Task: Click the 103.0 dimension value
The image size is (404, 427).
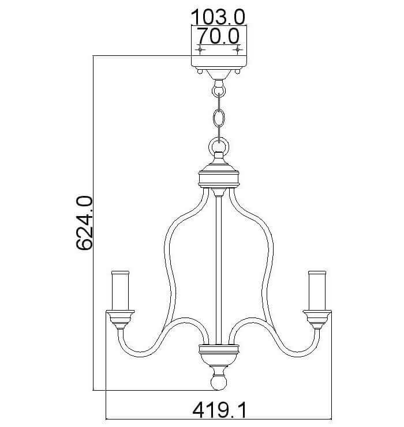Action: [x=218, y=17]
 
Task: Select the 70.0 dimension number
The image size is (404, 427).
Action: [x=218, y=36]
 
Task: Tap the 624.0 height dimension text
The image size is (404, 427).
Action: [x=84, y=222]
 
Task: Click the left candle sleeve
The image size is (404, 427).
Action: [x=120, y=290]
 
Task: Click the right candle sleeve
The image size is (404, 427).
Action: [x=317, y=290]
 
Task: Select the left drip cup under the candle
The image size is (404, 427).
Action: [x=120, y=319]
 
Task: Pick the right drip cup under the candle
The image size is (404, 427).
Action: [x=317, y=319]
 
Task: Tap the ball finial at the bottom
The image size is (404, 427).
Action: [x=219, y=382]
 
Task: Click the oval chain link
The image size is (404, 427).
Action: [x=219, y=118]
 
